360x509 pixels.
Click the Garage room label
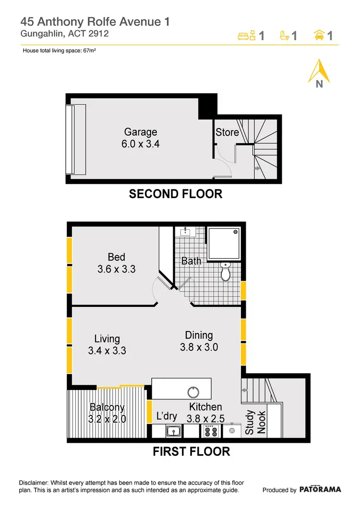coord(140,132)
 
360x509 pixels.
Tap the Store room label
coord(227,132)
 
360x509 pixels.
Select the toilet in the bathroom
coord(225,272)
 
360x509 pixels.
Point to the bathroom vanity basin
coord(185,232)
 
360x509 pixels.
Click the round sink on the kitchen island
coord(193,392)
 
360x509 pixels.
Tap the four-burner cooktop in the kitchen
coord(211,431)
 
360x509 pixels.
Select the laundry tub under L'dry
coord(173,431)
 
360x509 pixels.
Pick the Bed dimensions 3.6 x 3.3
coord(116,269)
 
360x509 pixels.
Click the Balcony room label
coord(107,407)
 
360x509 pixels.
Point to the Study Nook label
coord(255,422)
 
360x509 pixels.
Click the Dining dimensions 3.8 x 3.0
coord(199,347)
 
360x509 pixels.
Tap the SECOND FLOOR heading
coord(176,194)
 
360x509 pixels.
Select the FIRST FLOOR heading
coord(191,451)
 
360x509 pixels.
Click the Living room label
coord(107,339)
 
